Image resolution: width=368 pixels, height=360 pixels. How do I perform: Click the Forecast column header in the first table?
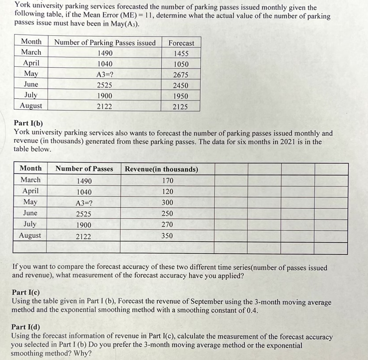pyautogui.click(x=181, y=43)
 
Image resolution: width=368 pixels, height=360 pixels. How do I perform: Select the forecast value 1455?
pyautogui.click(x=181, y=54)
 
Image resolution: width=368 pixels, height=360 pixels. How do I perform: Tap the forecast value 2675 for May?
pyautogui.click(x=181, y=75)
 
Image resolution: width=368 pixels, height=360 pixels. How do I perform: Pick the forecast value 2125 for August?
pyautogui.click(x=180, y=106)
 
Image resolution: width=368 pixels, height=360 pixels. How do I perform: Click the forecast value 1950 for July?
pyautogui.click(x=180, y=96)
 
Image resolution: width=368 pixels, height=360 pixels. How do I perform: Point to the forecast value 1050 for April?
pyautogui.click(x=181, y=64)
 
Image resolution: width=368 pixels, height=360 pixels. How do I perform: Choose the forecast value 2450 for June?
pyautogui.click(x=180, y=85)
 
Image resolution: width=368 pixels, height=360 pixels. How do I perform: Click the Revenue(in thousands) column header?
pyautogui.click(x=161, y=169)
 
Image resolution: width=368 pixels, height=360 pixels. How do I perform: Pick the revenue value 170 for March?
pyautogui.click(x=168, y=181)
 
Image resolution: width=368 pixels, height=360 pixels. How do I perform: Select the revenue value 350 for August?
pyautogui.click(x=167, y=236)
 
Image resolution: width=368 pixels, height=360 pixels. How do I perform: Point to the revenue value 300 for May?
pyautogui.click(x=168, y=203)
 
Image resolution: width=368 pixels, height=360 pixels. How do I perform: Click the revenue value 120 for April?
pyautogui.click(x=168, y=192)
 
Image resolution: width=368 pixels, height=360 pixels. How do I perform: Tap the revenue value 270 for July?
pyautogui.click(x=167, y=225)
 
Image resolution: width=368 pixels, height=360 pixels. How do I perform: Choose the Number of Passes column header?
pyautogui.click(x=84, y=169)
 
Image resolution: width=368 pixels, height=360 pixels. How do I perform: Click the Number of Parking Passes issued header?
pyautogui.click(x=105, y=43)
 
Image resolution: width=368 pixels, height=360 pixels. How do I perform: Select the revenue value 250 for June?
pyautogui.click(x=167, y=213)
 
